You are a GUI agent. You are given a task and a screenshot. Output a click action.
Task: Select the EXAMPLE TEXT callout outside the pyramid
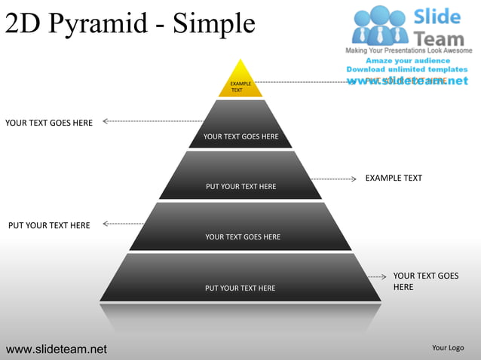click(394, 178)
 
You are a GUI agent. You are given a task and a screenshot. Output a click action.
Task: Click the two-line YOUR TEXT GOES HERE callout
click(425, 282)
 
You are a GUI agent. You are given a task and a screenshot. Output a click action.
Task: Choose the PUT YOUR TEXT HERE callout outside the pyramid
click(49, 225)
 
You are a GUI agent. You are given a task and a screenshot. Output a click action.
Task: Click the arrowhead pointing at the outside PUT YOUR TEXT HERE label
click(106, 224)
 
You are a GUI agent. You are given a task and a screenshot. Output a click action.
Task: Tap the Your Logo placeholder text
click(448, 348)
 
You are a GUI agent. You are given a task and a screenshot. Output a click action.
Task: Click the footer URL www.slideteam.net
click(57, 349)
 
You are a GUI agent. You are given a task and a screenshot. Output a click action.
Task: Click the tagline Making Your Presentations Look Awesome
click(409, 50)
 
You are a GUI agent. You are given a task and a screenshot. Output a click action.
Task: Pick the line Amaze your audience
click(408, 60)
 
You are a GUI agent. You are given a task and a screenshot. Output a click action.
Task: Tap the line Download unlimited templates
click(407, 70)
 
